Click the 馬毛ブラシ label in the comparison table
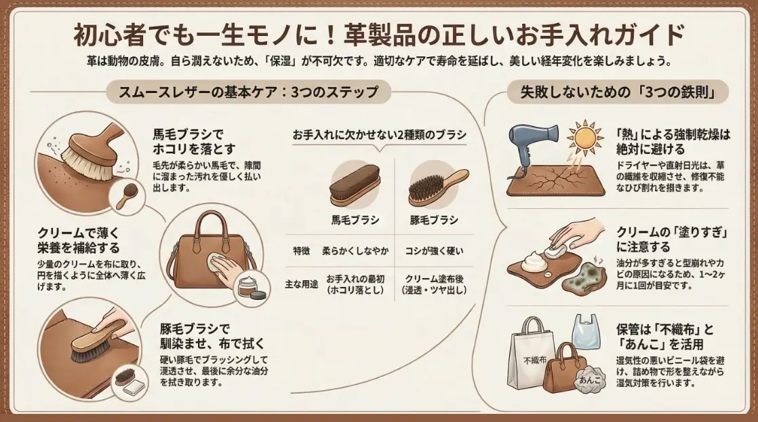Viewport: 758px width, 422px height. click(x=355, y=220)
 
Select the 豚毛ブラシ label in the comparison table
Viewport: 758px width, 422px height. click(x=434, y=220)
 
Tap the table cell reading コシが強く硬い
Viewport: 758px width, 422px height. click(x=434, y=251)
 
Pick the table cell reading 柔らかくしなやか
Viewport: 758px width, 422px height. click(x=355, y=251)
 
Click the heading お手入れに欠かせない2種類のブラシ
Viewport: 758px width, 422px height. click(x=379, y=134)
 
